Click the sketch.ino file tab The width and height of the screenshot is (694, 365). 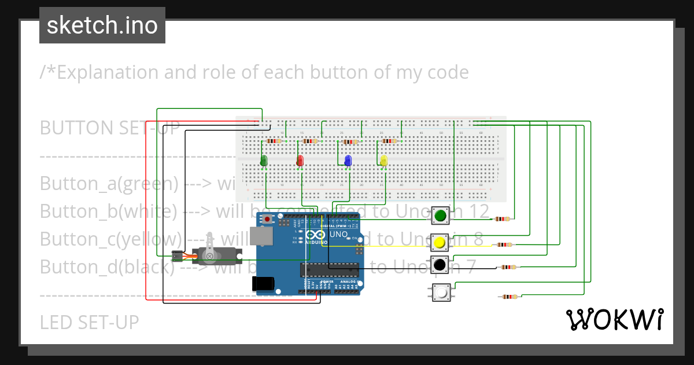(x=102, y=25)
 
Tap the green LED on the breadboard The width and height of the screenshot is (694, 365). (x=264, y=160)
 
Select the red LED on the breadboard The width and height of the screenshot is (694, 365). (x=300, y=160)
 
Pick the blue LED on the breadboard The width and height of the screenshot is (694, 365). (x=348, y=160)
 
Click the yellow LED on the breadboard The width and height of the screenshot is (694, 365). (x=383, y=160)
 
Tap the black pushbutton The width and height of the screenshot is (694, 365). (x=440, y=265)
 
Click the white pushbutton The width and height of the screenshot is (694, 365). (x=441, y=293)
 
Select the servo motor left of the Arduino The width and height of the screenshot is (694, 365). (x=211, y=254)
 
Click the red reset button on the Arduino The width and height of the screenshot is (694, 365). (x=267, y=220)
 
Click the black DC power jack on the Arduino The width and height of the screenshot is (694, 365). (x=262, y=283)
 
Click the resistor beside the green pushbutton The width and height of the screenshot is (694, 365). (x=502, y=219)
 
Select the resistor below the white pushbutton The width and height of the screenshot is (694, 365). (x=509, y=297)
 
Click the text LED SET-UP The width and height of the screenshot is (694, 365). (x=89, y=322)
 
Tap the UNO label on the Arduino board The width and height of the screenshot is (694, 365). (x=338, y=235)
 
